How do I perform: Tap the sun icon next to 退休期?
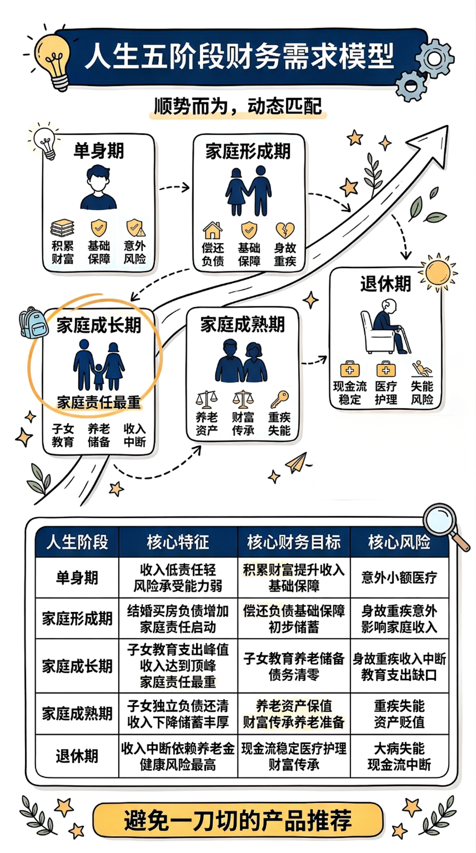click(x=438, y=272)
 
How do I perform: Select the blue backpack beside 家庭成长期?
click(x=33, y=323)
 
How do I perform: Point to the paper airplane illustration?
click(x=296, y=463)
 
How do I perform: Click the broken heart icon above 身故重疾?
click(x=285, y=230)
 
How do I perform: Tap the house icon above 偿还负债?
click(x=213, y=230)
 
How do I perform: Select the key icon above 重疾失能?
click(x=280, y=399)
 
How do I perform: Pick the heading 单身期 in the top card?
click(x=99, y=151)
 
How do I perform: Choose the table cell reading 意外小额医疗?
click(x=399, y=578)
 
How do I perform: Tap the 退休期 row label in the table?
click(x=77, y=756)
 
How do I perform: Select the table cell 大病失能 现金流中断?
click(x=399, y=756)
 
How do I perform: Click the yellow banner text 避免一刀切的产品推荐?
click(x=238, y=820)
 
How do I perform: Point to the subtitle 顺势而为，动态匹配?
click(x=238, y=107)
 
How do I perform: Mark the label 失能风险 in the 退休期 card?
click(x=422, y=393)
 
